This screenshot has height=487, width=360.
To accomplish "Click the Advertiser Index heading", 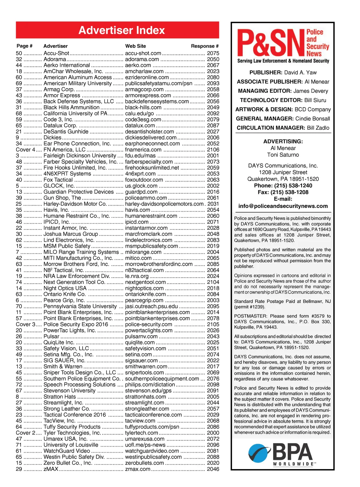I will point(122,30).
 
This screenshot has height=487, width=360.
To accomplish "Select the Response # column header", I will point(205,46).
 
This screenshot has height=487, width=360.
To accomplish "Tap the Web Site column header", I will point(135,46).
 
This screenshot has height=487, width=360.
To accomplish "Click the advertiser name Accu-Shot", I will point(56,53).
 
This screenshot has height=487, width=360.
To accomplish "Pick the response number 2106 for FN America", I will point(213,150).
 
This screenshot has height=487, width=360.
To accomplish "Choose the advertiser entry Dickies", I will point(52,138).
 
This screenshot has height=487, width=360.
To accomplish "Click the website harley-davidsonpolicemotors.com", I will point(164,204).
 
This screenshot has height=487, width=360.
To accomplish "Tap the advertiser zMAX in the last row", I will point(51,469).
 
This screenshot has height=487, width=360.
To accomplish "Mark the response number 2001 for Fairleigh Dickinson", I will point(213,156).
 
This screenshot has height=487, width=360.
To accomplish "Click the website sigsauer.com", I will point(141,361).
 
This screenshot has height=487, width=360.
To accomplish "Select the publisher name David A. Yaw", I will point(300,73).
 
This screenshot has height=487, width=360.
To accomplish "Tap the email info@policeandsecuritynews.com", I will point(283,206).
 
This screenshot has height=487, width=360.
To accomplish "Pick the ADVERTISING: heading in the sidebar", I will point(283,142).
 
